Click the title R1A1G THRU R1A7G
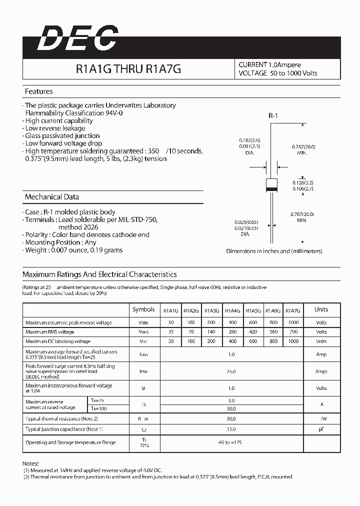coord(128,69)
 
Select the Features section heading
coord(39,91)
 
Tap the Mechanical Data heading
coord(52,197)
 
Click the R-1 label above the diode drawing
coord(273,116)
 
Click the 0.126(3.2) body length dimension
coord(302,183)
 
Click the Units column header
coord(321,309)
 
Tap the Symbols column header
coord(143,309)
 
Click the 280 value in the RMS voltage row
coord(232,332)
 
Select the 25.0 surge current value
coord(230,371)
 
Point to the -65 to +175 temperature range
coord(230,442)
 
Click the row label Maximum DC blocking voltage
coord(58,341)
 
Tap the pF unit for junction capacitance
coord(321,429)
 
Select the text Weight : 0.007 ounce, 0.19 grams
coord(73,250)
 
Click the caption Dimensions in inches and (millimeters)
coord(274,251)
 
